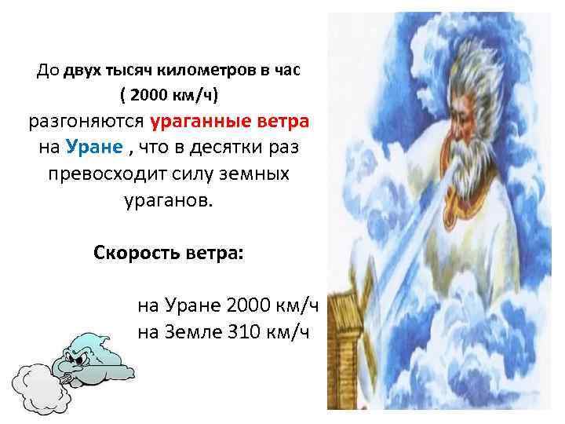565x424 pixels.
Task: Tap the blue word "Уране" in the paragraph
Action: point(93,148)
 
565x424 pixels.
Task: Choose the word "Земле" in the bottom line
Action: point(195,331)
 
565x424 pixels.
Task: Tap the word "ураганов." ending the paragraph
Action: point(168,199)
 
